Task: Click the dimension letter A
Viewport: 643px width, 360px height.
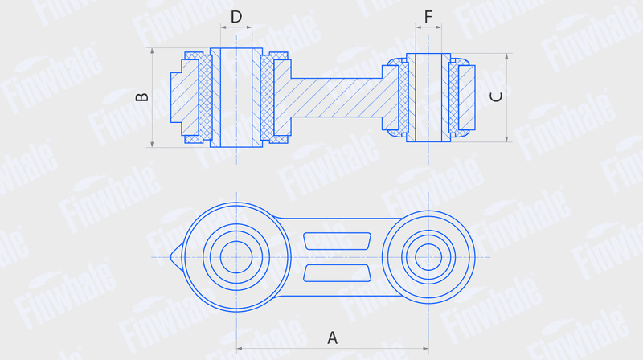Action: click(x=332, y=337)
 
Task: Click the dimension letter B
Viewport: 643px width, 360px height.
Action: click(x=142, y=97)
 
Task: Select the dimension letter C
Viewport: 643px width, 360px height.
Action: click(x=496, y=97)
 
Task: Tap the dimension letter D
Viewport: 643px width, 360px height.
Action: click(x=236, y=17)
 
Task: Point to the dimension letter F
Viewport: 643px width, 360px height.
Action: click(x=428, y=17)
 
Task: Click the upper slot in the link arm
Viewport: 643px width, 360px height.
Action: click(x=337, y=241)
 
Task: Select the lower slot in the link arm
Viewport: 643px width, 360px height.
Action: click(x=337, y=273)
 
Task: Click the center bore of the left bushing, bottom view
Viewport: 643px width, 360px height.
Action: click(x=236, y=257)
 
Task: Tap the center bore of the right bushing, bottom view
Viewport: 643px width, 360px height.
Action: click(x=428, y=257)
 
